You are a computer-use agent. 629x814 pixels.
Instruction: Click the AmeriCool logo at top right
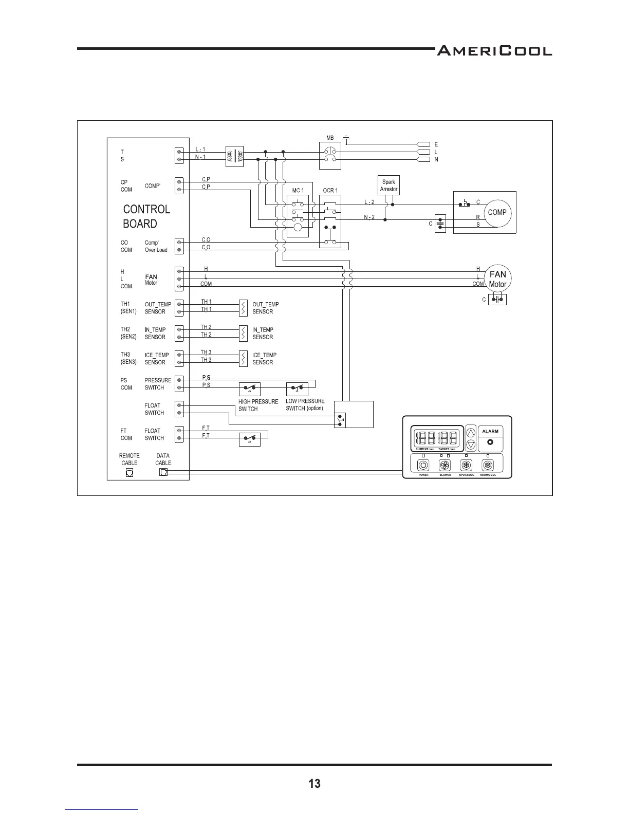[x=494, y=51]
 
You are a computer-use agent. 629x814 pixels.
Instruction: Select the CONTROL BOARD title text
[x=146, y=216]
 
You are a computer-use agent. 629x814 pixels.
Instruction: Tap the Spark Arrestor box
[x=388, y=186]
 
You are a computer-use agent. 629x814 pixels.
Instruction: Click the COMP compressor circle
[x=497, y=212]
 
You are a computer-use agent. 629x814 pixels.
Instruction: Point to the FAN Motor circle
[x=497, y=279]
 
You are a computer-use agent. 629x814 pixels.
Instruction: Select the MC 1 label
[x=298, y=191]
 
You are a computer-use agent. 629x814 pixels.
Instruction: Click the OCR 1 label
[x=330, y=191]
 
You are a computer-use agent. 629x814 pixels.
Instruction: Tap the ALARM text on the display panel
[x=490, y=432]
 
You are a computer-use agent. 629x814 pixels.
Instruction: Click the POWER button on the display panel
[x=423, y=466]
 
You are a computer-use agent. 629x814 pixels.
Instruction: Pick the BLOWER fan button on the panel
[x=445, y=466]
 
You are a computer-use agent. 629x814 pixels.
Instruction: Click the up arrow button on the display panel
[x=471, y=433]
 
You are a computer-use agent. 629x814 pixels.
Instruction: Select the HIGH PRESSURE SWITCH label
[x=258, y=405]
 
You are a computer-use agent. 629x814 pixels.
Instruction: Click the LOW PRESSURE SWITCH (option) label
[x=305, y=404]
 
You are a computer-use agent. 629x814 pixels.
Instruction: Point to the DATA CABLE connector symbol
[x=163, y=472]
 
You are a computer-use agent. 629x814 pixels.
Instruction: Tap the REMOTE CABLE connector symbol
[x=129, y=473]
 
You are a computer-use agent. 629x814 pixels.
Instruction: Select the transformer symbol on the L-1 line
[x=234, y=156]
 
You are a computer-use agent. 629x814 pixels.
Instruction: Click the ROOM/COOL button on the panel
[x=487, y=466]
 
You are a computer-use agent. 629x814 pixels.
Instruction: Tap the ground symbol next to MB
[x=347, y=139]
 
